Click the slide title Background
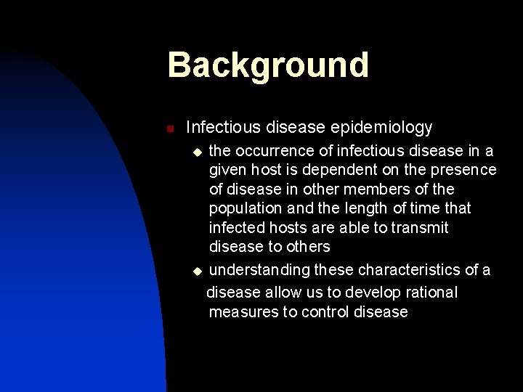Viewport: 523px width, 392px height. pos(268,65)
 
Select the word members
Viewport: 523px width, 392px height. pos(378,189)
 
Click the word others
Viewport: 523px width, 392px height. pos(307,248)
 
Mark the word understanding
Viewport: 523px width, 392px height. pos(259,271)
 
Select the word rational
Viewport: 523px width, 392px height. pos(431,292)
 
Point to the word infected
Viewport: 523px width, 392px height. pos(235,228)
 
